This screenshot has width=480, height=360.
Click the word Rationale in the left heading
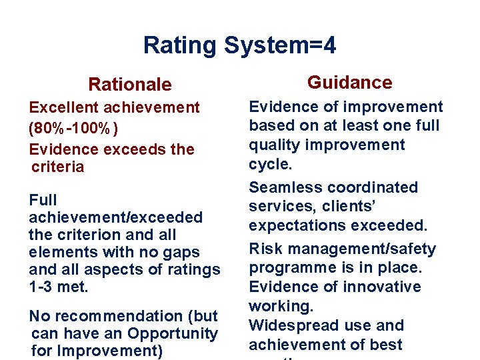tap(130, 85)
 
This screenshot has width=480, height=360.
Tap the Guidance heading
tap(349, 83)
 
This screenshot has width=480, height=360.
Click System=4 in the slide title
tap(280, 46)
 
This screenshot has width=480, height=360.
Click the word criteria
tap(58, 167)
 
